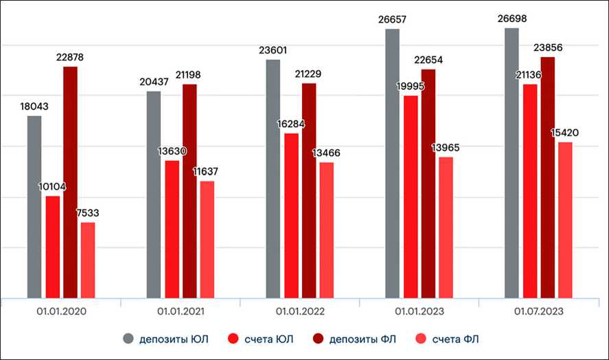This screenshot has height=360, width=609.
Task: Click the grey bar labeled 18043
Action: tap(34, 206)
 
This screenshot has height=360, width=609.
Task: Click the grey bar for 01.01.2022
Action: tap(273, 179)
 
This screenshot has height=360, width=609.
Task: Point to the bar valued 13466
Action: tap(327, 229)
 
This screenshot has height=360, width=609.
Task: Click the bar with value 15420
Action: tap(565, 220)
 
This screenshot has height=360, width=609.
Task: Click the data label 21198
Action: tap(189, 74)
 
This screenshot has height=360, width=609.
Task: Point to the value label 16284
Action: tap(291, 124)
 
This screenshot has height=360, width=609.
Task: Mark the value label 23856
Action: tap(547, 48)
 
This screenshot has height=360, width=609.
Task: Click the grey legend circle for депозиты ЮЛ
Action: tap(128, 339)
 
